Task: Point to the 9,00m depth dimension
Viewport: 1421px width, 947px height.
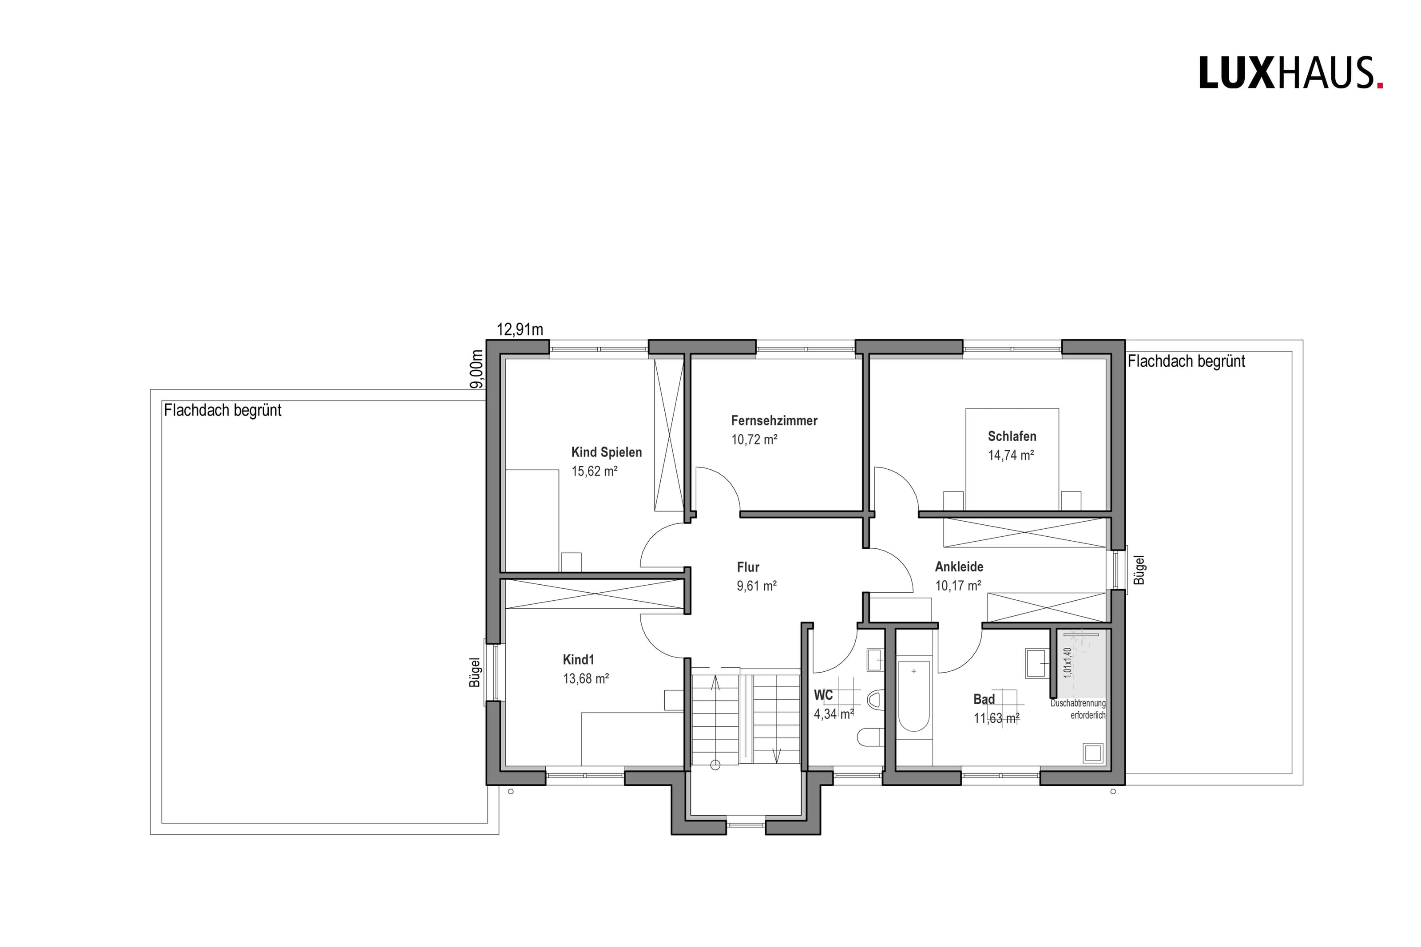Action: pyautogui.click(x=477, y=369)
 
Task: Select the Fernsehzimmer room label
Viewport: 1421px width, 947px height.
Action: pyautogui.click(x=774, y=420)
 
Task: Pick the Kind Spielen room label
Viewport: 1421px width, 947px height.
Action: pyautogui.click(x=606, y=452)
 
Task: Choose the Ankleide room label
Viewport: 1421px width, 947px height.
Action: pyautogui.click(x=959, y=567)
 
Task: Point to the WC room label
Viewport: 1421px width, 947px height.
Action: pyautogui.click(x=823, y=695)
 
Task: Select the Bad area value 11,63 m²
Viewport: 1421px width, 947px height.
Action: pyautogui.click(x=996, y=718)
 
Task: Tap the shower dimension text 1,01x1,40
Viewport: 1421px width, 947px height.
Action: pyautogui.click(x=1068, y=663)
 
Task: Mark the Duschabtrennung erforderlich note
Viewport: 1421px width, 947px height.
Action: pyautogui.click(x=1078, y=709)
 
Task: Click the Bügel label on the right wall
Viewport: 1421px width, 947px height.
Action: pyautogui.click(x=1139, y=570)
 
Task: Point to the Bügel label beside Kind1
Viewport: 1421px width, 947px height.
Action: pyautogui.click(x=475, y=672)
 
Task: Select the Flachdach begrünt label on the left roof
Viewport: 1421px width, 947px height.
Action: pyautogui.click(x=223, y=410)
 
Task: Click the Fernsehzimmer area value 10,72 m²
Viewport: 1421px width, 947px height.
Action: pyautogui.click(x=754, y=439)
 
